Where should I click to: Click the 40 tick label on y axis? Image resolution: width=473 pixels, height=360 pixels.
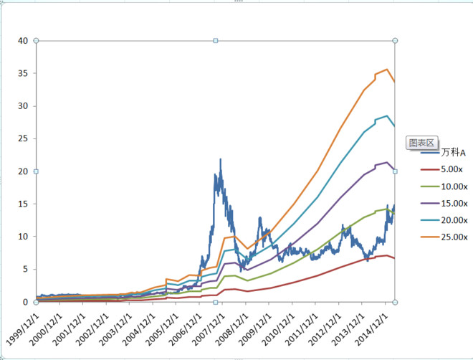pos(23,41)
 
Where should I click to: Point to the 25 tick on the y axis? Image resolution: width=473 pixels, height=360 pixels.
pos(23,138)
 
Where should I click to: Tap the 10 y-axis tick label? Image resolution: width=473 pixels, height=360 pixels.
pos(23,237)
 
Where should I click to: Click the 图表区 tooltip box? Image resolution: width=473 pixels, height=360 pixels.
pos(421,143)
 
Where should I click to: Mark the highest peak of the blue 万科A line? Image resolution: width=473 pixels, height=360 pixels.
pos(221,159)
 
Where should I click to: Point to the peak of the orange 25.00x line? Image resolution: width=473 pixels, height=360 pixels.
pos(387,69)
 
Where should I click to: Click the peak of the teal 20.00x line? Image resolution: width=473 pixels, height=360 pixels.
pos(387,115)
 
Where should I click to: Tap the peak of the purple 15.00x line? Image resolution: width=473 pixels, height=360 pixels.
pos(387,162)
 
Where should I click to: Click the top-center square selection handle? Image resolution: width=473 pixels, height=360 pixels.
pos(216,40)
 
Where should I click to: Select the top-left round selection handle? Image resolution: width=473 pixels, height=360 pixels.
pos(37,40)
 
